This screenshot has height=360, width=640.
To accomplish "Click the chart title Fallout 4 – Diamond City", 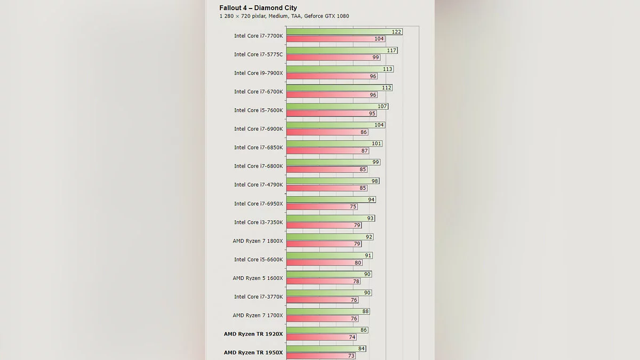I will (x=258, y=8).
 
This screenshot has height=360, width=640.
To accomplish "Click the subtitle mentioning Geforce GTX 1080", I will (x=284, y=16).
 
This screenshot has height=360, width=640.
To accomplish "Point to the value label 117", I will (x=392, y=51).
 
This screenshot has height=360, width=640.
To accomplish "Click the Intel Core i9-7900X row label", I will (x=258, y=73).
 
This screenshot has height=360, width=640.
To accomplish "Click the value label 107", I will (x=382, y=107).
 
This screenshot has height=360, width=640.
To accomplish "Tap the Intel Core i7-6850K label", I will (x=258, y=148).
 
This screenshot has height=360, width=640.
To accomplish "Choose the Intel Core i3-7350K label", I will (x=258, y=222).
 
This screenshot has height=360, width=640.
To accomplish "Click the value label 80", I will (x=358, y=263).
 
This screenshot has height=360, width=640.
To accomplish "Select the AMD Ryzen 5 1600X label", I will (x=258, y=278).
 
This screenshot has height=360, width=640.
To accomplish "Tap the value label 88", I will (x=365, y=311).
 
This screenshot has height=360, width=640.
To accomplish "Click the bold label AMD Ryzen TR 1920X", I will (x=253, y=334).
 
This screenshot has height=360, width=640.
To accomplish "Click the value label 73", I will (x=351, y=356).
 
